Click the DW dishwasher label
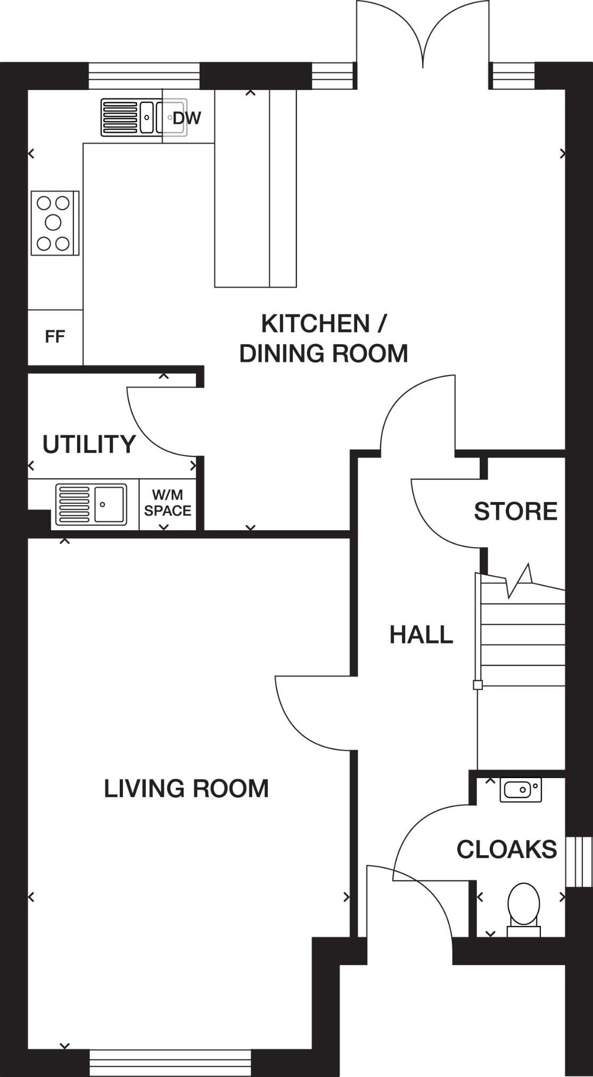[x=187, y=118]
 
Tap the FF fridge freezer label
[x=55, y=337]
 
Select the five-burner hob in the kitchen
[x=55, y=223]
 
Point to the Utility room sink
[x=91, y=504]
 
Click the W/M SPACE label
[x=168, y=503]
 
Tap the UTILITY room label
[x=89, y=444]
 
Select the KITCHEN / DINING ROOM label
[x=324, y=338]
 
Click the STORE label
[x=515, y=511]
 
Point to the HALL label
[x=421, y=634]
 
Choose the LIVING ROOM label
[x=186, y=788]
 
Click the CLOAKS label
[x=507, y=849]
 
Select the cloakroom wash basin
[x=521, y=790]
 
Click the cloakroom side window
[x=579, y=862]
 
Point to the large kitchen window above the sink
[x=144, y=76]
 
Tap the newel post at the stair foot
[x=478, y=685]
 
